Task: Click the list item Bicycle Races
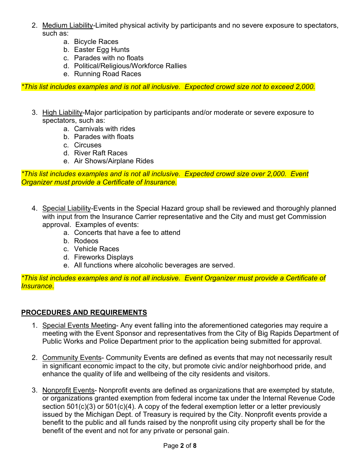[x=96, y=42]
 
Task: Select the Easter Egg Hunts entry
[x=102, y=50]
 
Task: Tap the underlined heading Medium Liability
[x=67, y=25]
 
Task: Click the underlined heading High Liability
[x=62, y=113]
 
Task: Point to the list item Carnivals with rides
[x=104, y=129]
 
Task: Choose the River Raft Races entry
[x=100, y=153]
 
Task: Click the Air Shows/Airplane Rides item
[x=114, y=161]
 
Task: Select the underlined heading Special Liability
[x=67, y=208]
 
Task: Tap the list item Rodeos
[x=86, y=241]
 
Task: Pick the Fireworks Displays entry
[x=103, y=257]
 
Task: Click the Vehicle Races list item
[x=96, y=249]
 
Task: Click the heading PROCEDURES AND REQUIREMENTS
[x=84, y=313]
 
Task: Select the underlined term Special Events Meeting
[x=79, y=325]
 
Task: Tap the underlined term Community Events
[x=72, y=358]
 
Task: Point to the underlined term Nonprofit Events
[x=68, y=390]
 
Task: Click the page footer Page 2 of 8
[x=180, y=446]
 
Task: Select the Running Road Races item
[x=107, y=74]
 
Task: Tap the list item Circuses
[x=88, y=145]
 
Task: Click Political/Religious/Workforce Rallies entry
[x=130, y=66]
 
